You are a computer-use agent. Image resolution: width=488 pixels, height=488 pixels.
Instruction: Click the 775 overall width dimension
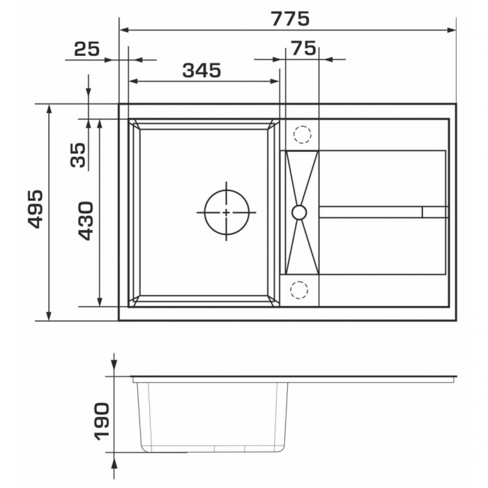[290, 19]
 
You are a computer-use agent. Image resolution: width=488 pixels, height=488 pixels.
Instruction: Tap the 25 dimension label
[87, 49]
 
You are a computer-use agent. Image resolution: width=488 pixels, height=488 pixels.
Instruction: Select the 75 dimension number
[303, 48]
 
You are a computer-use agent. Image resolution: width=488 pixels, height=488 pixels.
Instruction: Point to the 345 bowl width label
[201, 70]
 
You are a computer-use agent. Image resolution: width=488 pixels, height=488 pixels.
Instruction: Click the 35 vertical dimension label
[78, 155]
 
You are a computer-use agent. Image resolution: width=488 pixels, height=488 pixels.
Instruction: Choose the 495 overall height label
[35, 209]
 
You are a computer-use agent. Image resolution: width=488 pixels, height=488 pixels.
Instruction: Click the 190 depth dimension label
[102, 422]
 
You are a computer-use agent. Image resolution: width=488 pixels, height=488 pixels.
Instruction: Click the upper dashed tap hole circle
[302, 125]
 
